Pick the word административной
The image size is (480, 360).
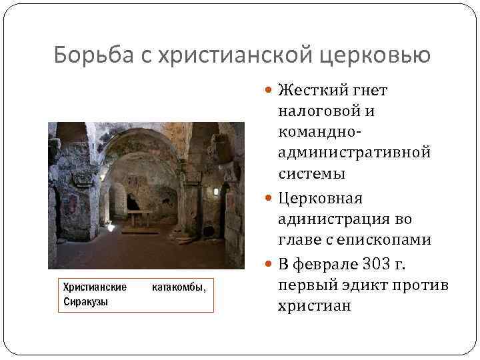point(354,153)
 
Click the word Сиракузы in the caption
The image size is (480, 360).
point(85,302)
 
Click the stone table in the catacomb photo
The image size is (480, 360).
point(139,216)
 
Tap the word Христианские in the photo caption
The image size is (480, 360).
point(95,288)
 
